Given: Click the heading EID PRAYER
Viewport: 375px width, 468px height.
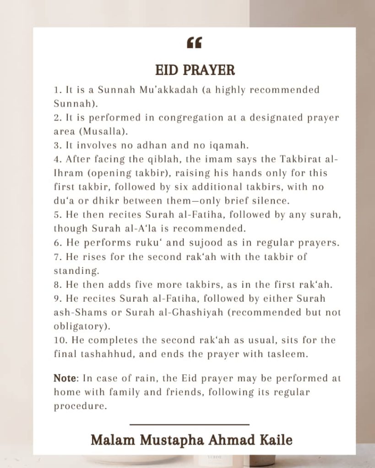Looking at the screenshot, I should pos(195,70).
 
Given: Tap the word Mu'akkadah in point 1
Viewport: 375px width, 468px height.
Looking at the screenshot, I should pos(158,90).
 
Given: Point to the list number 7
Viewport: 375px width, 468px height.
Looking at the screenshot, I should pos(57,257).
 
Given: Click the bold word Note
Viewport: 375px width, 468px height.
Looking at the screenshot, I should pos(63,378).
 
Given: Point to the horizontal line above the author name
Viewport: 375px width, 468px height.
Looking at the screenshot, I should pos(189,425).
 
